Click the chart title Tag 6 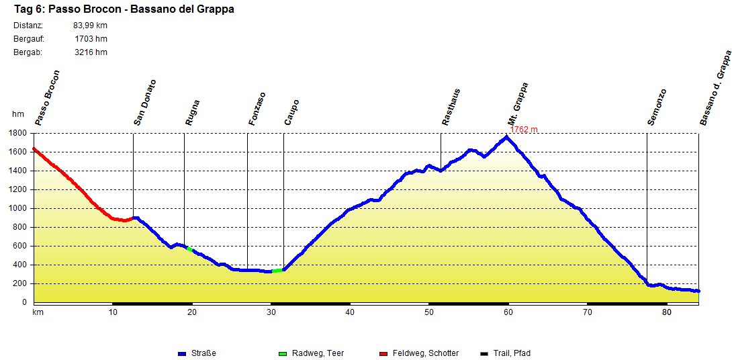[x=124, y=9]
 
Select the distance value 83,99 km [x=90, y=26]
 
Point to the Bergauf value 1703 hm [x=91, y=39]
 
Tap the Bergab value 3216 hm [x=91, y=52]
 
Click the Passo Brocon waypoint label [x=48, y=98]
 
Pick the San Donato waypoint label [x=145, y=103]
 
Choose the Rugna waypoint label [x=193, y=113]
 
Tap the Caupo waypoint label [x=291, y=113]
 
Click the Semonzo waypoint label [x=657, y=107]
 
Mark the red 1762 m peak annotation [x=524, y=130]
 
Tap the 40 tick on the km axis [x=350, y=312]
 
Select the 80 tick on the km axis [x=666, y=312]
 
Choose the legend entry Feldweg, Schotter [x=426, y=353]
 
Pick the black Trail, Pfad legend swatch [x=485, y=353]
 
